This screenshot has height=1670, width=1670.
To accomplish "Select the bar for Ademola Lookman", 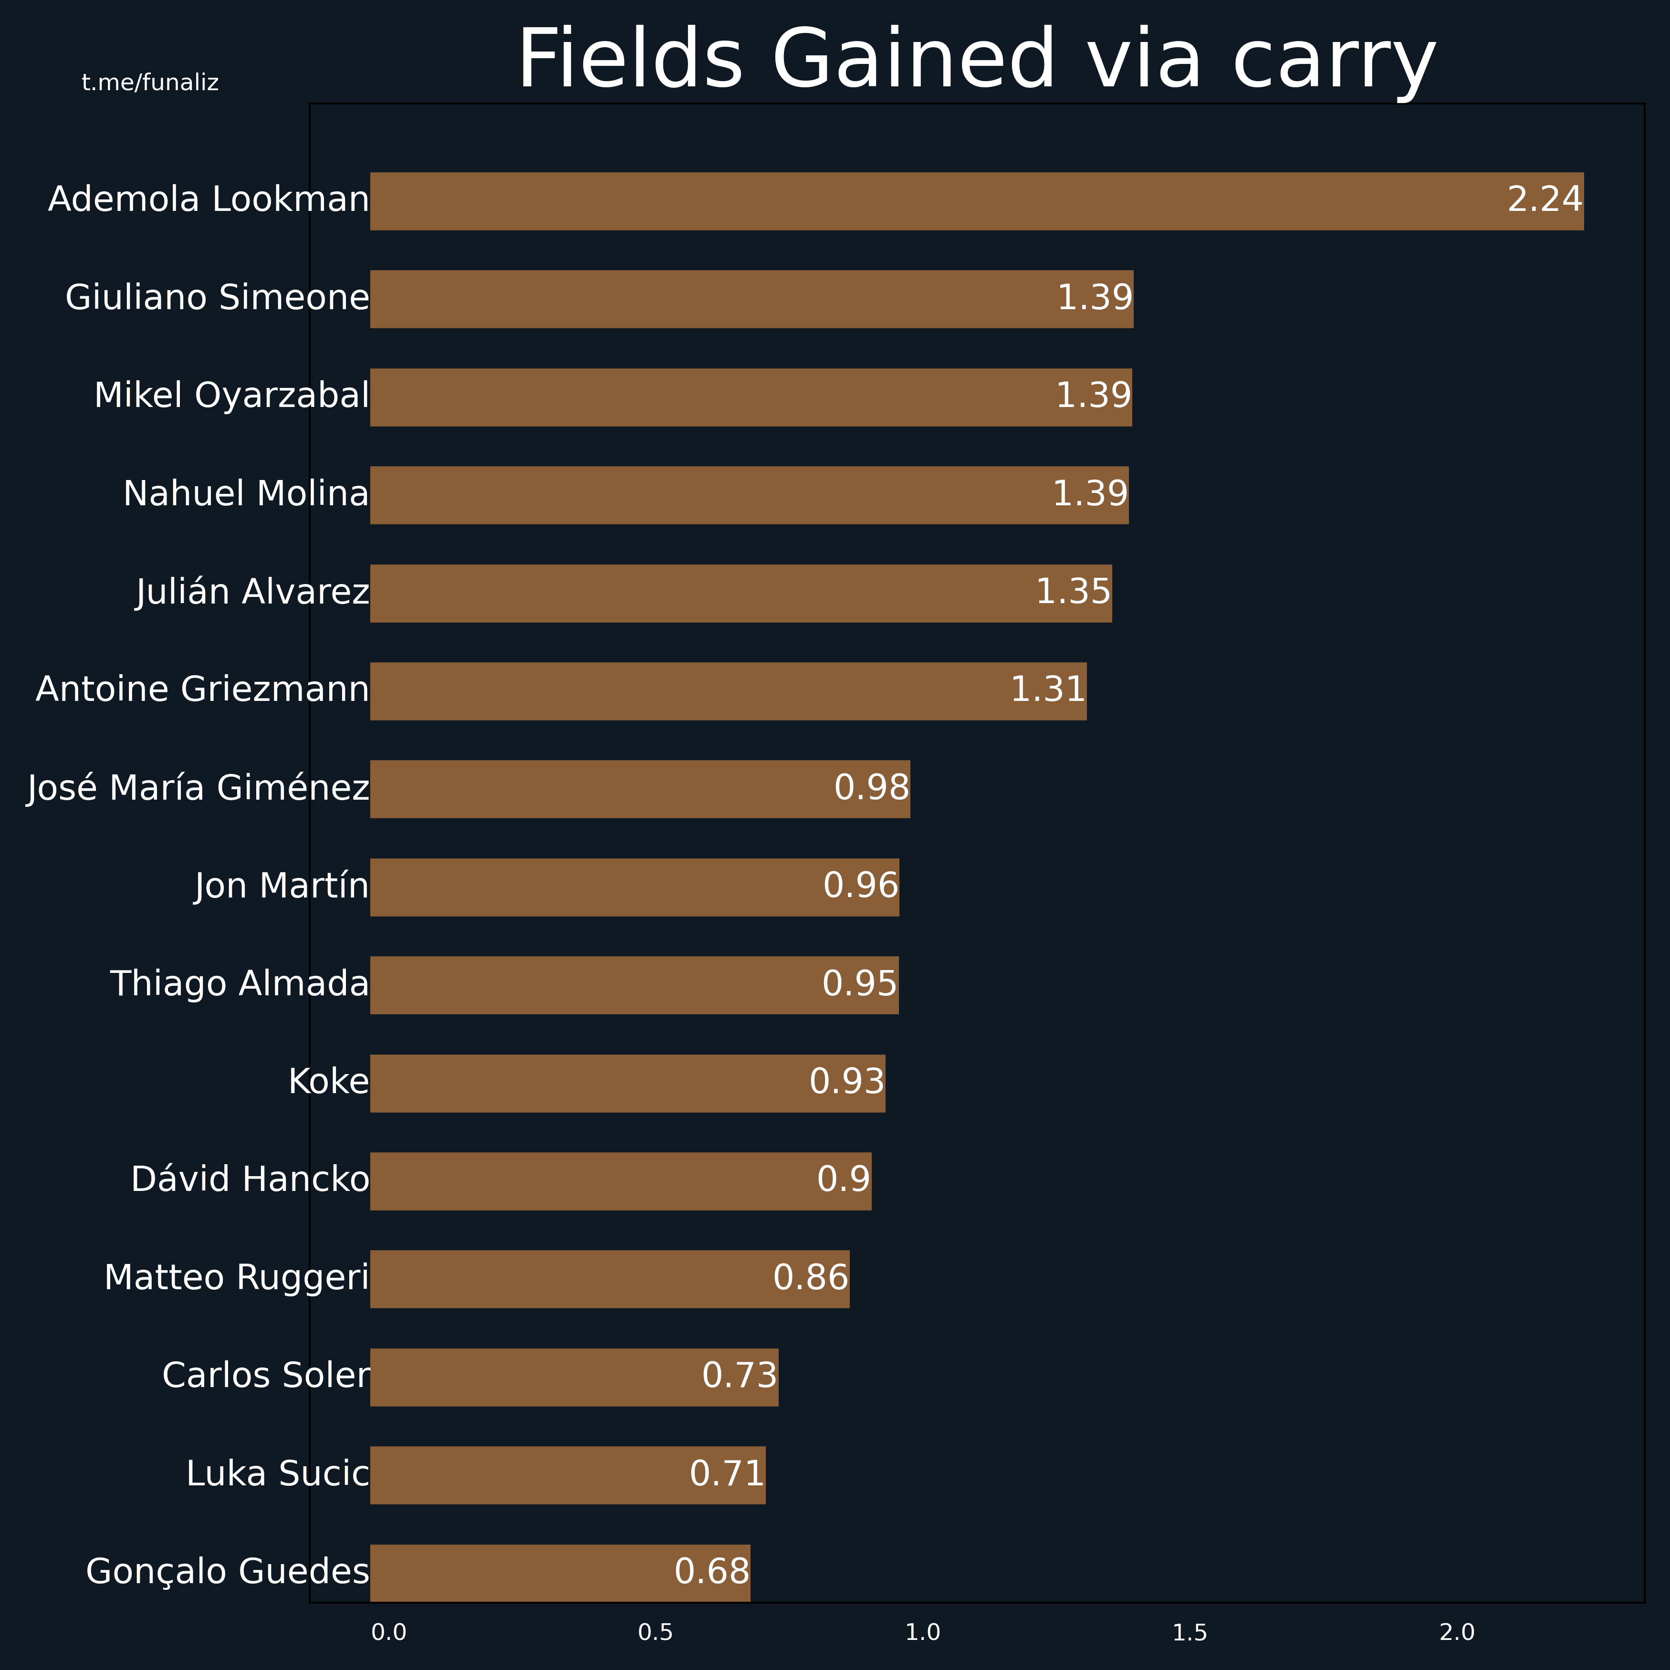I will click(977, 201).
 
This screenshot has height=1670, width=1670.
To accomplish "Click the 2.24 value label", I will click(1545, 199).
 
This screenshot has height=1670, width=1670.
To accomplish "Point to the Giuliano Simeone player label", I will click(217, 298).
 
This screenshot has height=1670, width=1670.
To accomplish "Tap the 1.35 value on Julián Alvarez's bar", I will click(1073, 592).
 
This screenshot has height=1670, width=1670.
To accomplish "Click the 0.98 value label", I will click(871, 788).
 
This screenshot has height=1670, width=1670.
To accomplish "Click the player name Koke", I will click(328, 1082).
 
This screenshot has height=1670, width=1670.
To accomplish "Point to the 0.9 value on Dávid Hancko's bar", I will click(844, 1180).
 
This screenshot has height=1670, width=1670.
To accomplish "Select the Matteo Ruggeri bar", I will click(609, 1279).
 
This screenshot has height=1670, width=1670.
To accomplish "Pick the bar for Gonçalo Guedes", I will click(560, 1573).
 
